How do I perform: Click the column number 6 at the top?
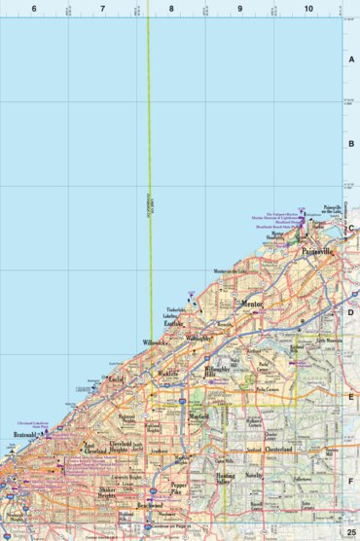[34, 8]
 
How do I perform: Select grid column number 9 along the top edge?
[239, 8]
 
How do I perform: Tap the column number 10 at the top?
[308, 8]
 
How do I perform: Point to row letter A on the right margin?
[352, 58]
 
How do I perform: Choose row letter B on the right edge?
[352, 144]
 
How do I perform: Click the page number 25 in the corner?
[352, 532]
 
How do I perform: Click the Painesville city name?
[317, 251]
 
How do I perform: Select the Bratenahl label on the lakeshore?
[23, 436]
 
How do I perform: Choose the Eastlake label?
[174, 326]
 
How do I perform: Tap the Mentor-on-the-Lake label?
[234, 269]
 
